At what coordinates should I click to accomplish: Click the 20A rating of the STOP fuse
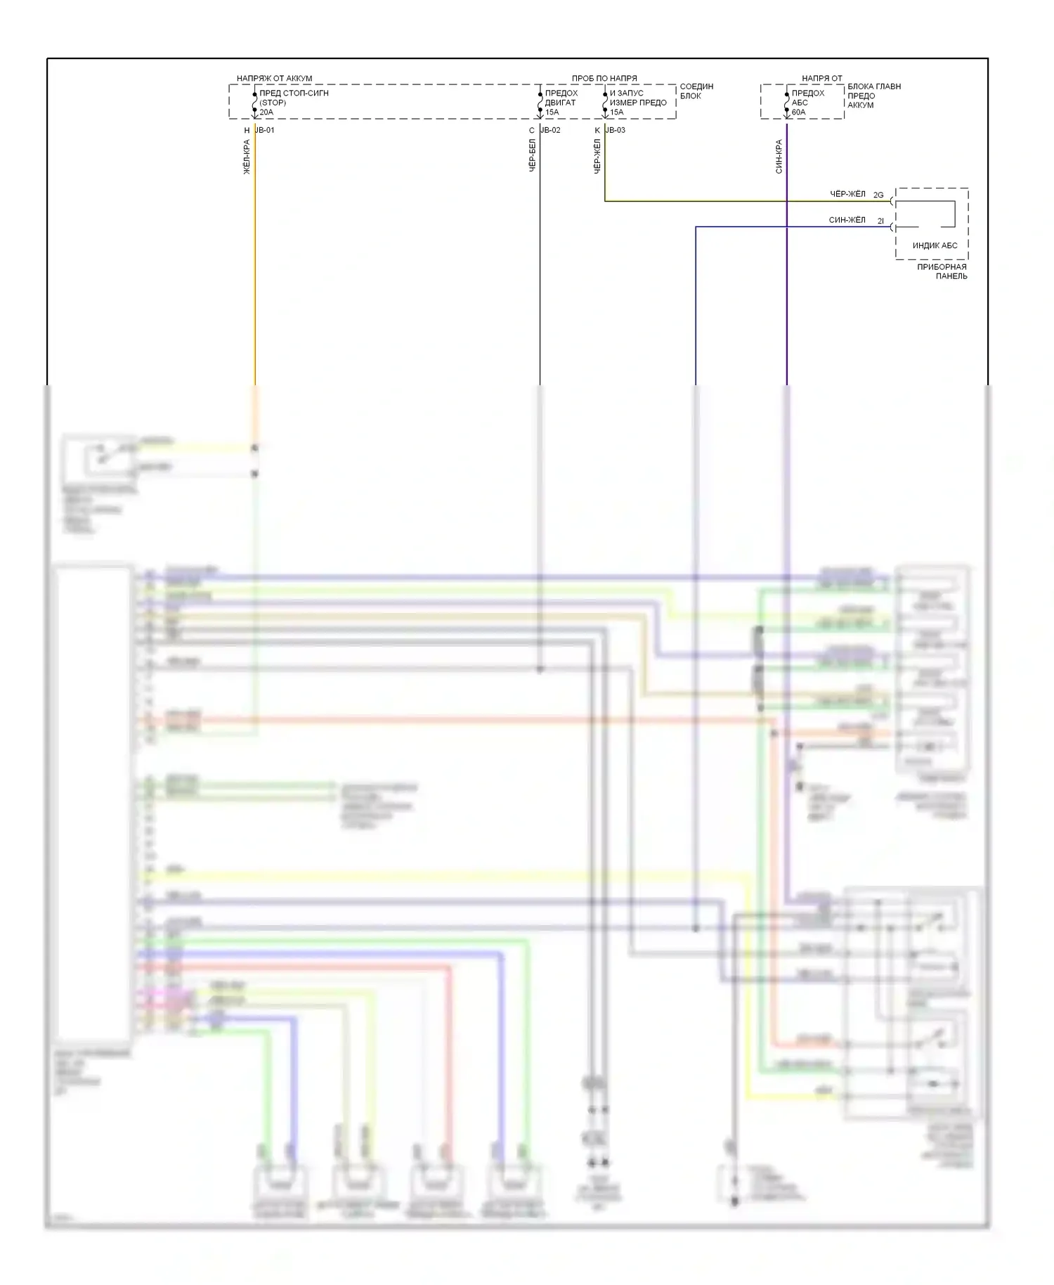click(x=266, y=112)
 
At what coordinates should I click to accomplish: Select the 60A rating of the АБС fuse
click(x=798, y=112)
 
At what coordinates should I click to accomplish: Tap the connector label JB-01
click(x=265, y=131)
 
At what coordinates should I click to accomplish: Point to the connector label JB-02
click(x=550, y=131)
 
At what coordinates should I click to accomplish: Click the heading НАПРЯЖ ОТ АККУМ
click(x=274, y=79)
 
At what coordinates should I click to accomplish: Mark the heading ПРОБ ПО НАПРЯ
click(x=604, y=79)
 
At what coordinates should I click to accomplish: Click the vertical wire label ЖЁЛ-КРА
click(x=247, y=157)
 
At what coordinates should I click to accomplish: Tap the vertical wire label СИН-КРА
click(x=779, y=157)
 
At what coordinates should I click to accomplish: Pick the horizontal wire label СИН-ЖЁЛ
click(x=847, y=221)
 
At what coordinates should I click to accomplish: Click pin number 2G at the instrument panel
click(x=878, y=195)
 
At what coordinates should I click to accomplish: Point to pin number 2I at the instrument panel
click(x=880, y=221)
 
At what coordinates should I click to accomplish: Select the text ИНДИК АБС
click(x=935, y=246)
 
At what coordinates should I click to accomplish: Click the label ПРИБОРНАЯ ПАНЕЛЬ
click(x=942, y=271)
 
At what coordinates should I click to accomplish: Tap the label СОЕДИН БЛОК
click(x=696, y=91)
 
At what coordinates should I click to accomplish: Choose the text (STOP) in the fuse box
click(x=273, y=103)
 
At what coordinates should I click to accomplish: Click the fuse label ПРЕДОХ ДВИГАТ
click(x=561, y=98)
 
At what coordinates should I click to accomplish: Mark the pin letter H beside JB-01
click(x=247, y=131)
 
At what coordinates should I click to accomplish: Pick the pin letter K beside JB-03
click(x=598, y=131)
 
